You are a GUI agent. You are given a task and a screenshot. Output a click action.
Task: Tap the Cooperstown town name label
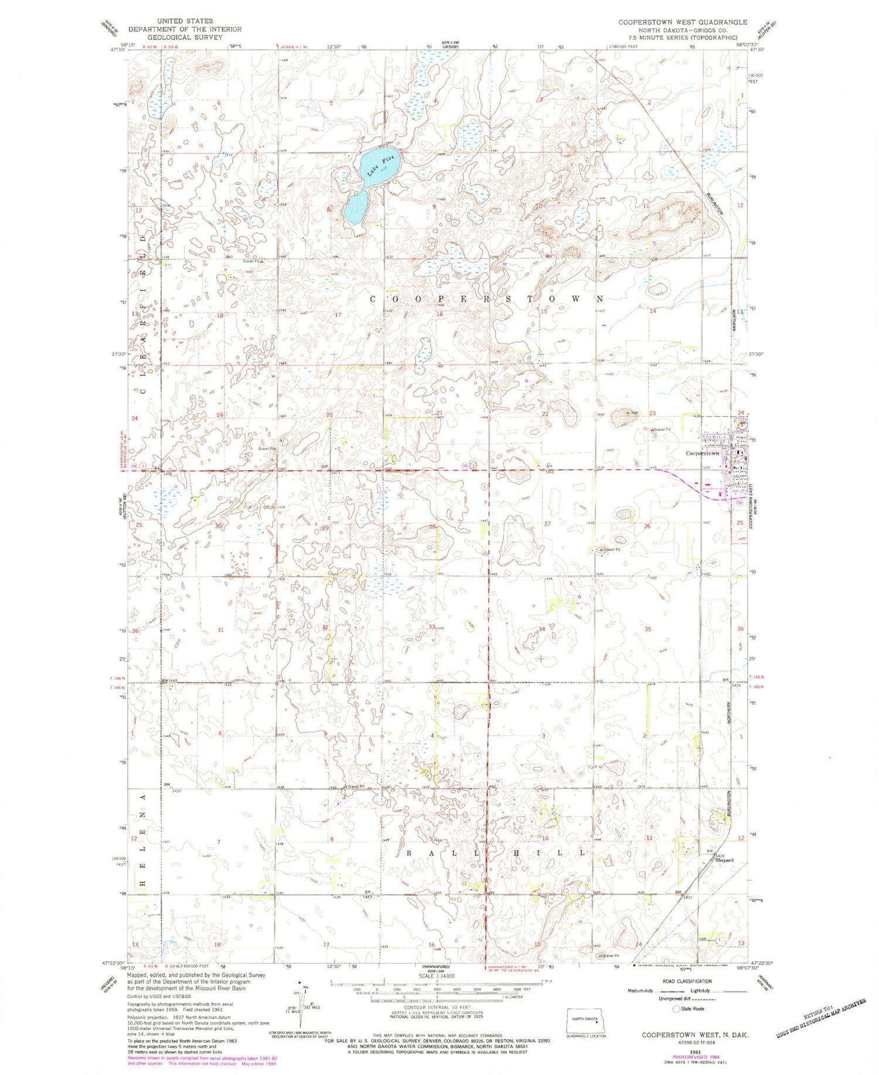click(702, 453)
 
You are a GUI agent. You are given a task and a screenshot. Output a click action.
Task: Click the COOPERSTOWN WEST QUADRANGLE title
click(683, 22)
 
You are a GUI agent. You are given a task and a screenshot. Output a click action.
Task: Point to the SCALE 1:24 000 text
click(436, 977)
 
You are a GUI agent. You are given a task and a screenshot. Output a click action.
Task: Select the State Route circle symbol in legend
click(676, 1009)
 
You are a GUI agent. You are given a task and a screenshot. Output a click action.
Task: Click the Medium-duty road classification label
click(640, 991)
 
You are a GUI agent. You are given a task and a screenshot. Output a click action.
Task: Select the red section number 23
click(652, 414)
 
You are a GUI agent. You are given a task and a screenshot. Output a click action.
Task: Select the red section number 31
click(221, 630)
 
